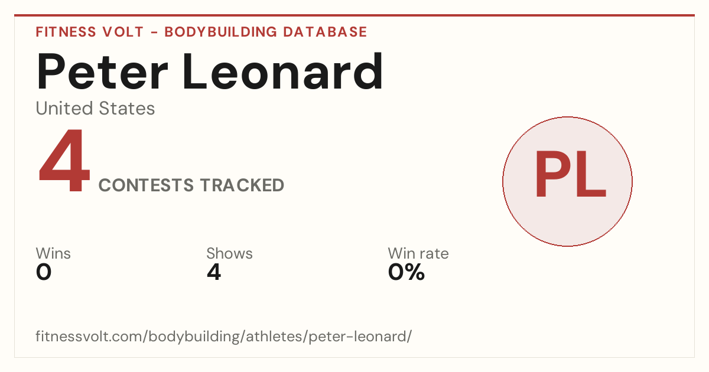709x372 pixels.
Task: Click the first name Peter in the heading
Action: click(x=102, y=72)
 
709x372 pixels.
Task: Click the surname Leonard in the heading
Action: click(x=282, y=71)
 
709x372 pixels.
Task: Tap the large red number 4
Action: click(x=64, y=160)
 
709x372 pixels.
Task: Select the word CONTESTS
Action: click(x=146, y=185)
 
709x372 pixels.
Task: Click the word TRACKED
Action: click(x=242, y=185)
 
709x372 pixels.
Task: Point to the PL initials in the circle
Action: click(x=570, y=174)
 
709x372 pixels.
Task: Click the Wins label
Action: click(x=53, y=253)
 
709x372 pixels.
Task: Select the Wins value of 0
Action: click(x=44, y=272)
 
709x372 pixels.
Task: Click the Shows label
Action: click(x=229, y=253)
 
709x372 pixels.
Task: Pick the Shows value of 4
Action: click(x=214, y=272)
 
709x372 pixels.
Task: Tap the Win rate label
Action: click(x=418, y=253)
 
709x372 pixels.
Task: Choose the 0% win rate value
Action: click(x=406, y=272)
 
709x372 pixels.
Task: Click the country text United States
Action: click(x=95, y=108)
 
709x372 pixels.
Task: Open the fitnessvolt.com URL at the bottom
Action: click(x=224, y=336)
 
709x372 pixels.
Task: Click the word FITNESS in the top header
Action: click(x=66, y=32)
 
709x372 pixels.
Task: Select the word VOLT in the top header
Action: click(x=123, y=32)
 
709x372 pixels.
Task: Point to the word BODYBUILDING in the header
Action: click(x=220, y=32)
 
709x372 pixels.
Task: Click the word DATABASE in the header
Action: click(x=325, y=32)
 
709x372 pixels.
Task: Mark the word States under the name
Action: click(x=126, y=108)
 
